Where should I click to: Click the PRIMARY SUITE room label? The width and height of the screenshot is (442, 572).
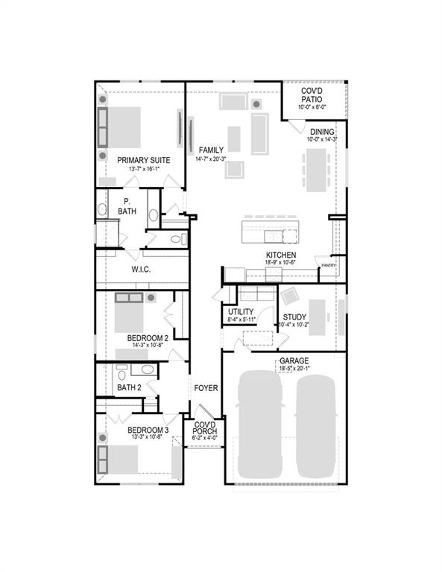point(143,160)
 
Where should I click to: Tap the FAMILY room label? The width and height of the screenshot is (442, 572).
point(211,150)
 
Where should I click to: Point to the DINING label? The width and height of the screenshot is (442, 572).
point(322,132)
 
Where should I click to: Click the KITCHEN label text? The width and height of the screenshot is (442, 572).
point(281,255)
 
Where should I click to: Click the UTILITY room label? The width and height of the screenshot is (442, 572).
point(241,311)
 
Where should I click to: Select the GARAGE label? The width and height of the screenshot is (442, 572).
point(294,360)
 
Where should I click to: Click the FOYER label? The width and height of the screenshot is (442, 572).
point(206,388)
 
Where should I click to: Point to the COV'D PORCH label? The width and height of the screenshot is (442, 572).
point(204,428)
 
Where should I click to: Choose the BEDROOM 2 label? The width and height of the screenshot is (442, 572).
point(147,337)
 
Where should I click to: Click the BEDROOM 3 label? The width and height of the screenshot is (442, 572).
point(147,430)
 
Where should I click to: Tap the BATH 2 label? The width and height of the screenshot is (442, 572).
point(129,387)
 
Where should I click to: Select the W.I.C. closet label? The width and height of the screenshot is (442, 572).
point(141,270)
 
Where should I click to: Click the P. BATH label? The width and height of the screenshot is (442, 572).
point(127,206)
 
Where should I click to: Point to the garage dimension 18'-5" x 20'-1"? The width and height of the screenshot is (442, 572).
point(294,369)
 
